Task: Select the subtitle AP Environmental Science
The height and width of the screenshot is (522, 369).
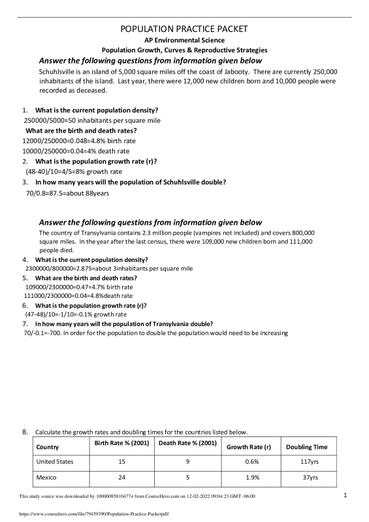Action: coord(184,41)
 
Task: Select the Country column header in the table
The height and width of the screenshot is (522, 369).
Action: coord(48,448)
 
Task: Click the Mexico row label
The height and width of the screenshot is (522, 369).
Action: coord(48,478)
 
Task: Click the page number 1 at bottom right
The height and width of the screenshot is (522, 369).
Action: coord(345,495)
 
